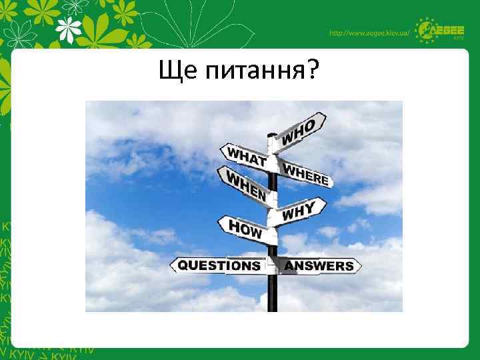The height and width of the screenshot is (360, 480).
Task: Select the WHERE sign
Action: pyautogui.click(x=305, y=173)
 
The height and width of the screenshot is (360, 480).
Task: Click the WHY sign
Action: pyautogui.click(x=299, y=211)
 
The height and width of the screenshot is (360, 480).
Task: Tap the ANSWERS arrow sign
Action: pyautogui.click(x=319, y=266)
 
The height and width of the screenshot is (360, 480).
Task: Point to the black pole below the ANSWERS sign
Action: pyautogui.click(x=272, y=293)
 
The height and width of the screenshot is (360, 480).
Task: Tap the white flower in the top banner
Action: pyautogui.click(x=69, y=29)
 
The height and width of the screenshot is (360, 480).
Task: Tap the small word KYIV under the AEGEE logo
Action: pyautogui.click(x=458, y=39)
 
